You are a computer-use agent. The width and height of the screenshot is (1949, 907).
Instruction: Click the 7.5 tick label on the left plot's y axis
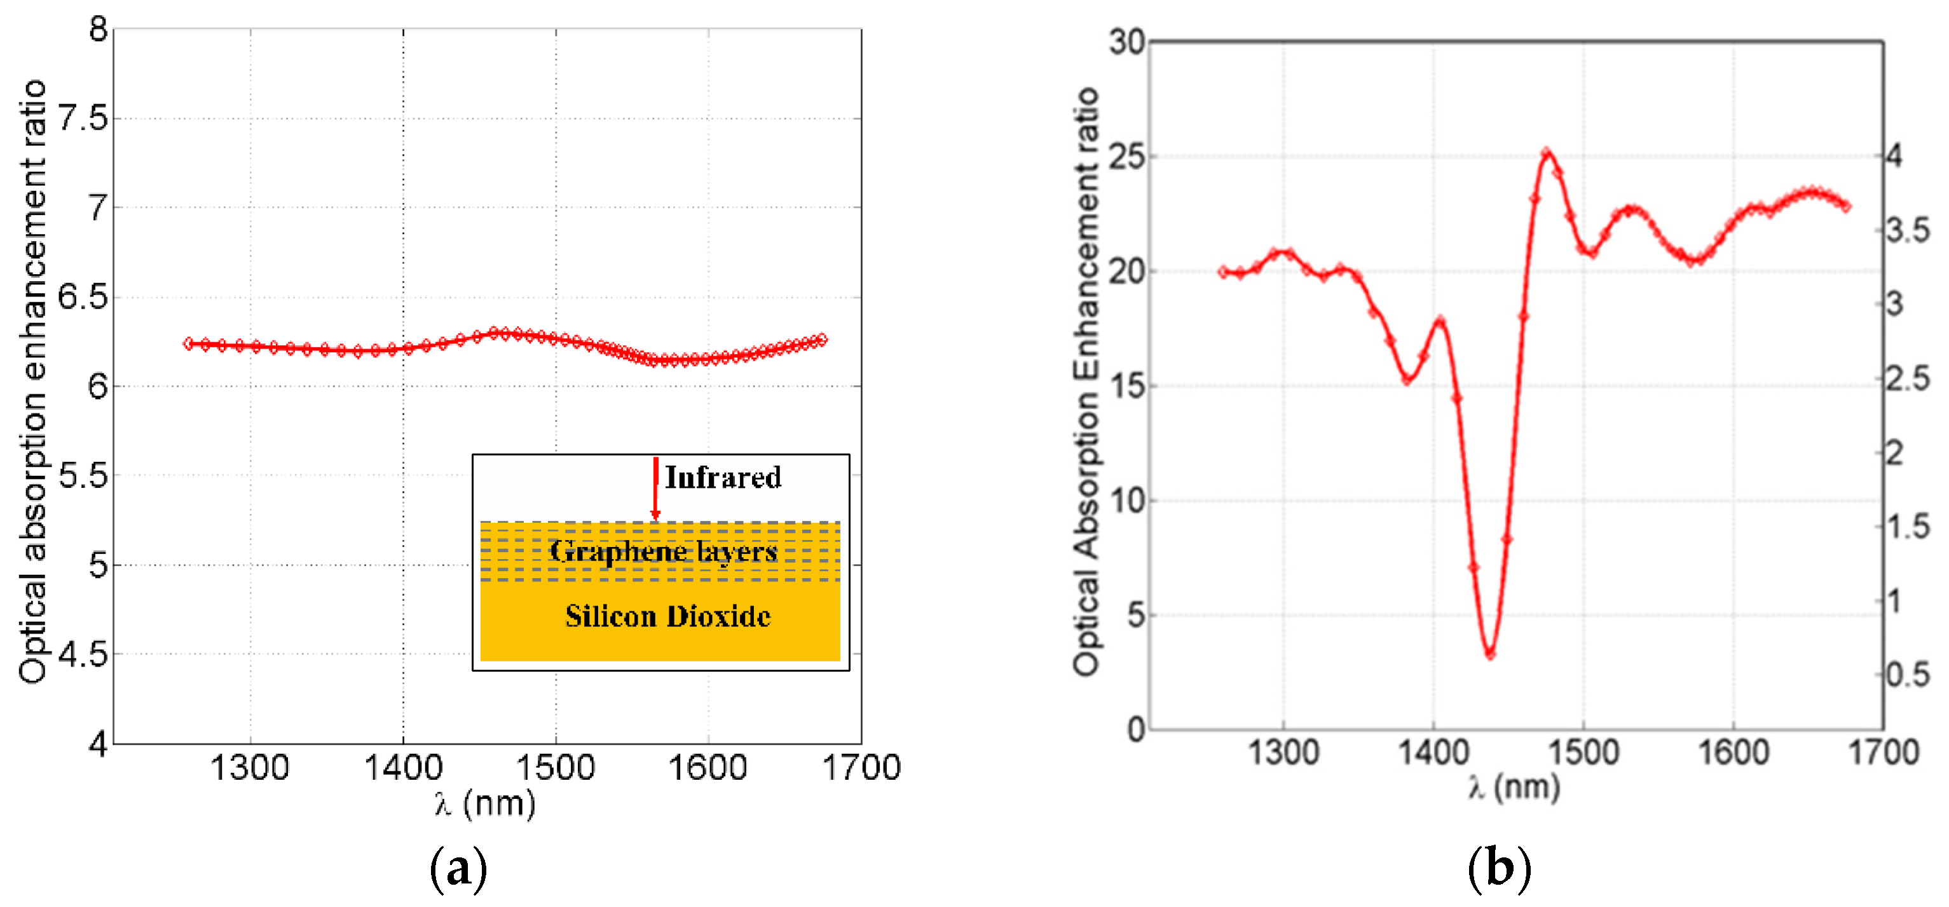coord(83,118)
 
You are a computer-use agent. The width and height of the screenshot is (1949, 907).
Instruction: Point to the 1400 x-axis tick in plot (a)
coord(402,768)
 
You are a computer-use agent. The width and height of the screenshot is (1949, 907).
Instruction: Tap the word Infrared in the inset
coord(723,478)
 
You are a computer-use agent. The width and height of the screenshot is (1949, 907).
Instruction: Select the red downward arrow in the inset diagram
coord(655,488)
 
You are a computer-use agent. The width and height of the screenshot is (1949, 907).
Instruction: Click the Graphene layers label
coord(663,551)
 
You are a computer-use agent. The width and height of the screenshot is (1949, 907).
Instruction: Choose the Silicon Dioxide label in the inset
coord(667,616)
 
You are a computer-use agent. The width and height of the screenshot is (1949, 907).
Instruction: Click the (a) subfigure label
coord(458,868)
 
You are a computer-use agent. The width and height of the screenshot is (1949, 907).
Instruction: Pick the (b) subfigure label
coord(1499,868)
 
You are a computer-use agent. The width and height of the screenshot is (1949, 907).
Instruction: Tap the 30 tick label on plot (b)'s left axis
coord(1127,43)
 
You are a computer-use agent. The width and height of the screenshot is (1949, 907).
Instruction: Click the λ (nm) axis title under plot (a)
coord(485,803)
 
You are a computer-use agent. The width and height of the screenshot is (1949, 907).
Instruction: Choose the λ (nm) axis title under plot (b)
coord(1514,787)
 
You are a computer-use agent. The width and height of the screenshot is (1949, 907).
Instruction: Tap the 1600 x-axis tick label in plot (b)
coord(1734,752)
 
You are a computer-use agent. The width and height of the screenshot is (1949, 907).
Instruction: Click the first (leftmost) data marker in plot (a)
coord(188,343)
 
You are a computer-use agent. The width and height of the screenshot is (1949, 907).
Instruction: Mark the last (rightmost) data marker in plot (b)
coord(1845,206)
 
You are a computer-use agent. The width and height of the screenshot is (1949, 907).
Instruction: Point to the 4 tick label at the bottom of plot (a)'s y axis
coord(98,744)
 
